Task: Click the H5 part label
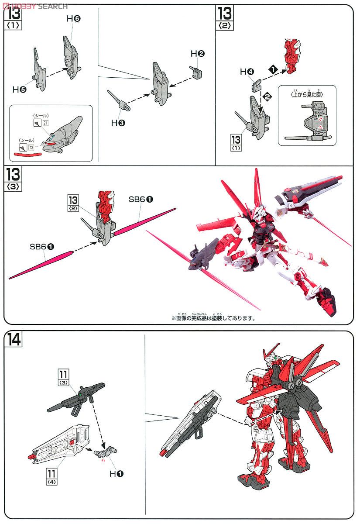click(19, 90)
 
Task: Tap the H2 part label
click(198, 54)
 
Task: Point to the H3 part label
click(118, 123)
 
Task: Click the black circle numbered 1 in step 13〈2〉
click(273, 69)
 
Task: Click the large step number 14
click(14, 339)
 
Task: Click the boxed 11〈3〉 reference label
click(65, 377)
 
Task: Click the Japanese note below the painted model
click(213, 317)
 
